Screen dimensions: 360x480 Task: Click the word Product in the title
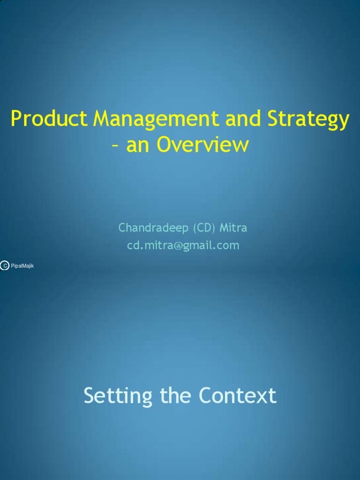(49, 118)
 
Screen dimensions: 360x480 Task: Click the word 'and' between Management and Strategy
(243, 118)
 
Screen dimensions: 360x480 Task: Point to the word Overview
(202, 144)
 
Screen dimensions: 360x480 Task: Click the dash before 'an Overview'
(115, 146)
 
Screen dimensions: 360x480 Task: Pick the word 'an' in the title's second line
(137, 146)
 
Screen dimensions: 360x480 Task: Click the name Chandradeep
(153, 228)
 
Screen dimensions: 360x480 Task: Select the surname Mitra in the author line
(233, 228)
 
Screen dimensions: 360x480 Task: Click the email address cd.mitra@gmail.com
(183, 246)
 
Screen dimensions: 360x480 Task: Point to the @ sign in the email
(178, 246)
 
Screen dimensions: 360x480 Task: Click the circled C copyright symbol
(5, 265)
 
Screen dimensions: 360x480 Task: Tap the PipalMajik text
(22, 266)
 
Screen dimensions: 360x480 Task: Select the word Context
(238, 395)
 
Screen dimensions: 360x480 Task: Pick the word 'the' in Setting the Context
(176, 395)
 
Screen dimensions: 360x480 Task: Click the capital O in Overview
(165, 144)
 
